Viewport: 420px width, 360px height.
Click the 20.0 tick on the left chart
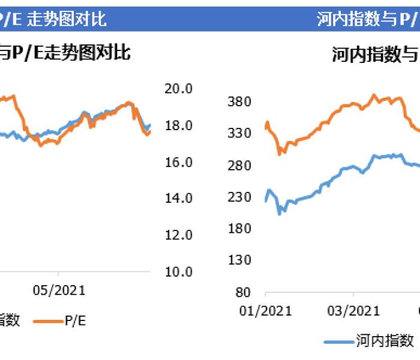(178, 89)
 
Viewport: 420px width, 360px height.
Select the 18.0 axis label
(178, 125)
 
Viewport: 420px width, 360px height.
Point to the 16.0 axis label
(178, 162)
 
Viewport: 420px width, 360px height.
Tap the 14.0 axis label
(178, 199)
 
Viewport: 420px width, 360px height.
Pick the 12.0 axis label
(178, 235)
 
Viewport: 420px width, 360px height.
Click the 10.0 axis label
(178, 272)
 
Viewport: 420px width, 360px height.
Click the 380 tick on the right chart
(239, 101)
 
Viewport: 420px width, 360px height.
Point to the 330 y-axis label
(239, 133)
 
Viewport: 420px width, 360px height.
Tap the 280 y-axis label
(239, 164)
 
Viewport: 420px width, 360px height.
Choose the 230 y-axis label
(239, 196)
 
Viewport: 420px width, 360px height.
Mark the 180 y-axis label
(239, 228)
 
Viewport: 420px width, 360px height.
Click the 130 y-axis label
(239, 260)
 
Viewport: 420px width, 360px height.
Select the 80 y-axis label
(242, 292)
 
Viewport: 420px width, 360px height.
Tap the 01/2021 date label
(265, 310)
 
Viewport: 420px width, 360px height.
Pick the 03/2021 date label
(353, 310)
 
